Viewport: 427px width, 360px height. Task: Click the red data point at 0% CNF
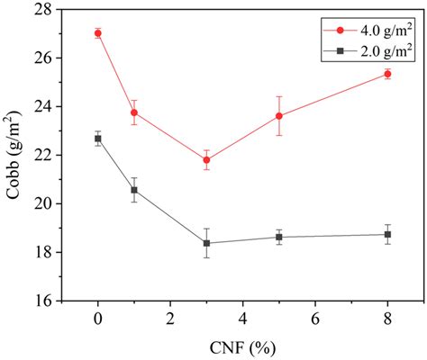tap(98, 33)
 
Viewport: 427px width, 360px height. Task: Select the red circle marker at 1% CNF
tap(134, 112)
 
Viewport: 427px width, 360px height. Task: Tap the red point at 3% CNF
tap(206, 160)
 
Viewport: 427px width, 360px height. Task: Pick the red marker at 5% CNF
tap(279, 115)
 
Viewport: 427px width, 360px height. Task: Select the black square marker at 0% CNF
tap(98, 139)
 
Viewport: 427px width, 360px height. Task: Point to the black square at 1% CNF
tap(134, 190)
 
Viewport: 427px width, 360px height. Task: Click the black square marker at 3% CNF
tap(206, 243)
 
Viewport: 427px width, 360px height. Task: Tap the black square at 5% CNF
tap(279, 237)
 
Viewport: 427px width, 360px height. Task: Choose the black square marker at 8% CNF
tap(387, 234)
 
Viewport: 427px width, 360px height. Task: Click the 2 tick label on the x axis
tap(170, 319)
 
